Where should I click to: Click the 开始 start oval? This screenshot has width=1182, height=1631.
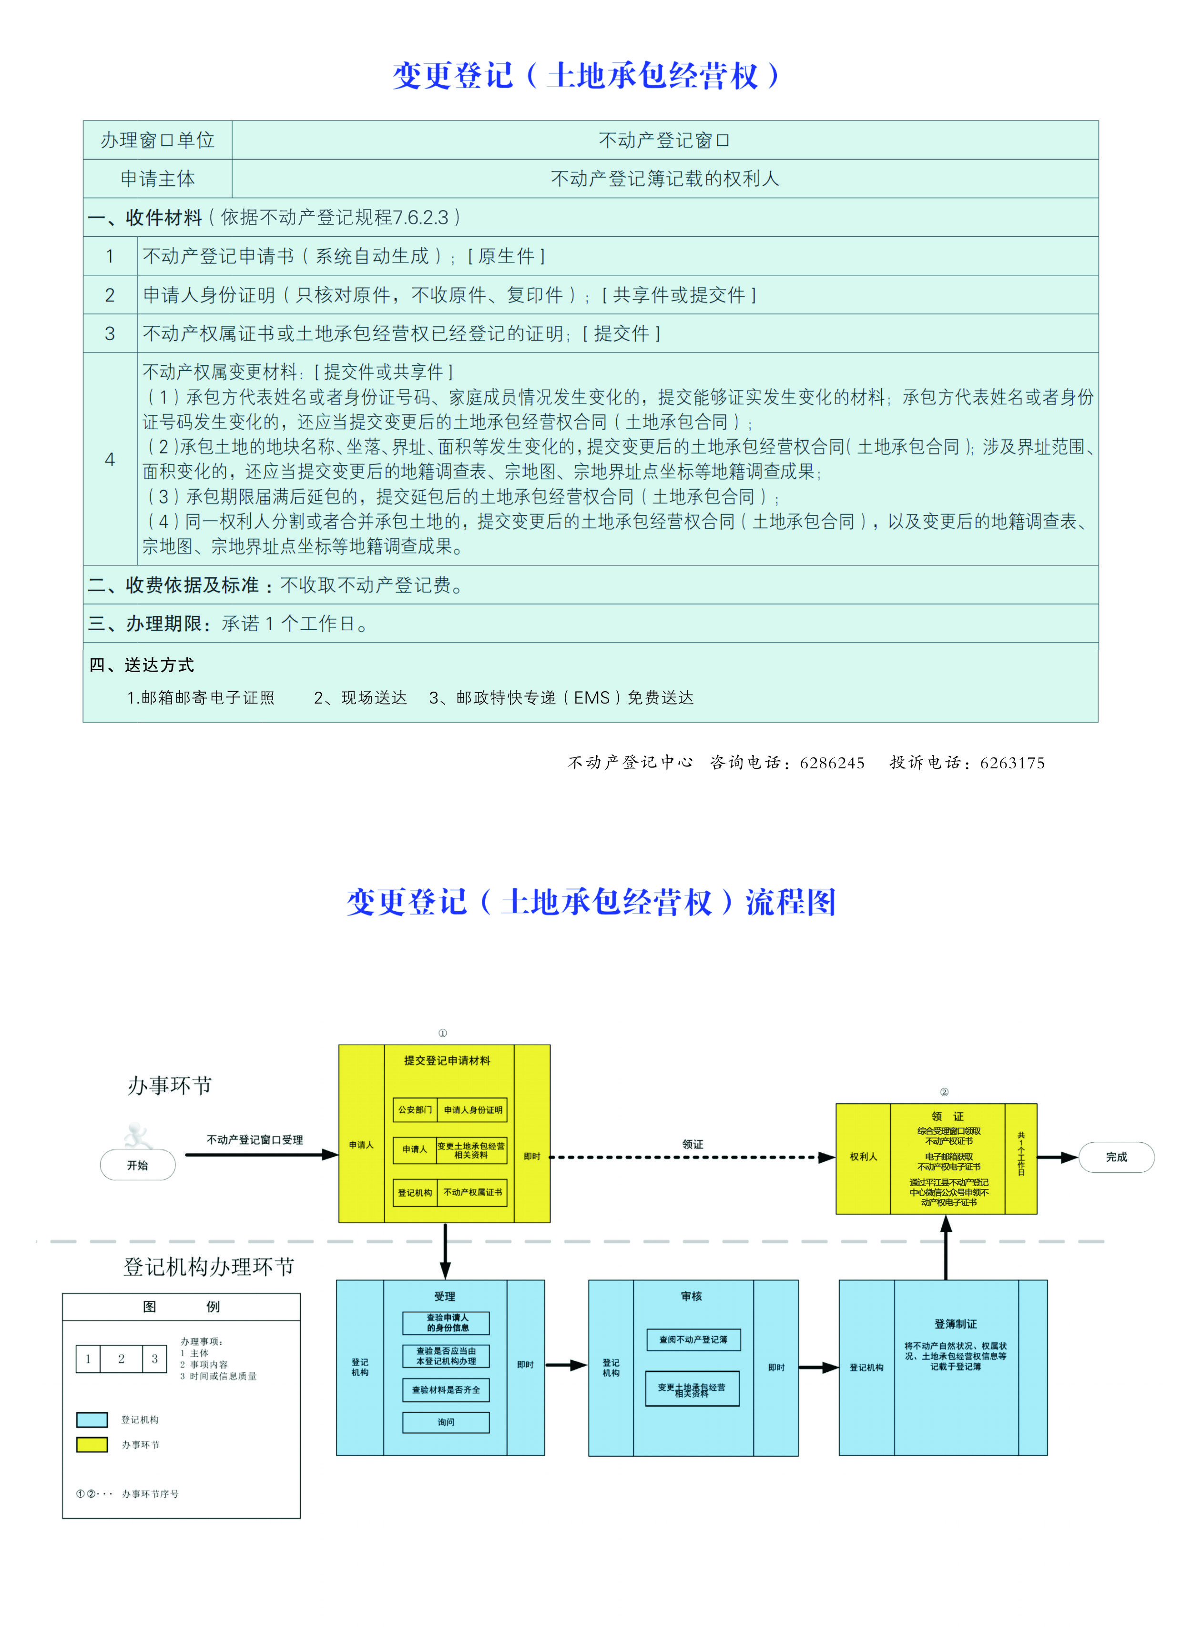[137, 1165]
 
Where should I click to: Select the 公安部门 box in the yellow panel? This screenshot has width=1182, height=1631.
[415, 1109]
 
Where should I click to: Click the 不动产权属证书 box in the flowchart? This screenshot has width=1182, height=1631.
[473, 1192]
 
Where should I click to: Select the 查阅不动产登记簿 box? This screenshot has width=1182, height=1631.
[693, 1340]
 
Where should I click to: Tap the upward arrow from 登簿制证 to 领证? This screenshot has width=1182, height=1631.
[946, 1248]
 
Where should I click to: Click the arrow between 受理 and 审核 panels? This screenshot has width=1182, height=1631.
[566, 1365]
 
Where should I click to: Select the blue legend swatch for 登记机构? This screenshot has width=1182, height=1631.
[92, 1420]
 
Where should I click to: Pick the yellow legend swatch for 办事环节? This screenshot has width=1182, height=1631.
[92, 1445]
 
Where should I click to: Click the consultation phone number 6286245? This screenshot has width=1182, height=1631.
[832, 763]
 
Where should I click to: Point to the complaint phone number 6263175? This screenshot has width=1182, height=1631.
[1012, 763]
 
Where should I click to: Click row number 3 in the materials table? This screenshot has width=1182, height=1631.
[110, 334]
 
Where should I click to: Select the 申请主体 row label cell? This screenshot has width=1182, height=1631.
[158, 179]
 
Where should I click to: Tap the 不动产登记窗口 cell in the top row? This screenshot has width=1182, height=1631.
[664, 140]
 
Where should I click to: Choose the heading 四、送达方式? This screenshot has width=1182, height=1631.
[142, 665]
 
